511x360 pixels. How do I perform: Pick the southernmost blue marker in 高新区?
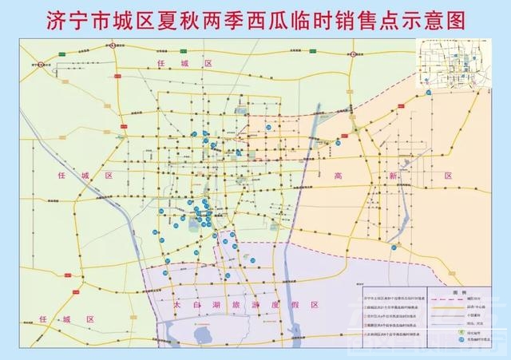point(394,248)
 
